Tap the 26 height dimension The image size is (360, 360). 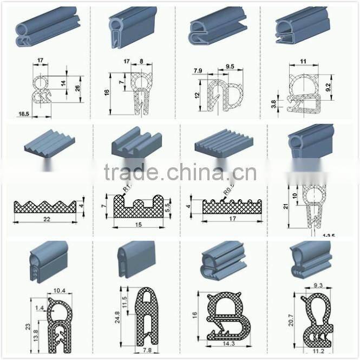tap(77, 87)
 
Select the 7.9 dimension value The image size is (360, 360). tap(198, 70)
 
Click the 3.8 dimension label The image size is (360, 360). tap(273, 103)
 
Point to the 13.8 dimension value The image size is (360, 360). tap(35, 336)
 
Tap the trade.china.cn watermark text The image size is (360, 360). tap(180, 173)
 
